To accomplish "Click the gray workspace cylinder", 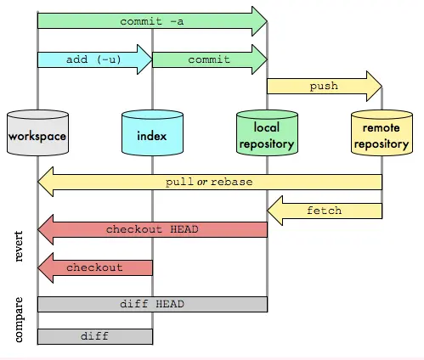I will pyautogui.click(x=37, y=134).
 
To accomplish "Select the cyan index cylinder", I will pyautogui.click(x=152, y=134).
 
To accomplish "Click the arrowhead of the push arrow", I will pyautogui.click(x=372, y=86).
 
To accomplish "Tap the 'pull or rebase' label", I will pyautogui.click(x=209, y=182).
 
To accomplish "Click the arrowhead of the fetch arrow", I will pyautogui.click(x=277, y=209).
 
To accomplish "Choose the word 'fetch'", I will pyautogui.click(x=324, y=209).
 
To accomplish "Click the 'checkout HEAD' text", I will pyautogui.click(x=152, y=229).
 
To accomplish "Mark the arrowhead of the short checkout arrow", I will pyautogui.click(x=47, y=267).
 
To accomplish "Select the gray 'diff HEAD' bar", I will pyautogui.click(x=152, y=304).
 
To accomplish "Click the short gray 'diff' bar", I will pyautogui.click(x=95, y=336).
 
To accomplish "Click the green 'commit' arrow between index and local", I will pyautogui.click(x=209, y=59).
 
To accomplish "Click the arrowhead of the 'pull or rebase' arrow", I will pyautogui.click(x=47, y=182).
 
